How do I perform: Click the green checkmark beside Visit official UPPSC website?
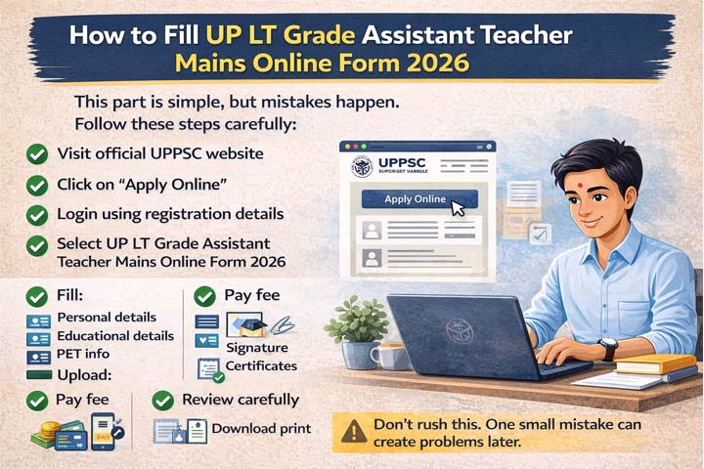tap(36, 154)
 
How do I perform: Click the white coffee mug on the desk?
tap(388, 356)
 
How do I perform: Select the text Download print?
tap(261, 428)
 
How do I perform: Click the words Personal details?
tap(107, 318)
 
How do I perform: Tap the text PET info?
tap(84, 353)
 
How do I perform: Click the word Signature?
tap(257, 348)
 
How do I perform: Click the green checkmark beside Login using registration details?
tap(36, 214)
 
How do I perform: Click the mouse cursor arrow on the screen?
tap(458, 206)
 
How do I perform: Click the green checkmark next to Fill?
tap(36, 296)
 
